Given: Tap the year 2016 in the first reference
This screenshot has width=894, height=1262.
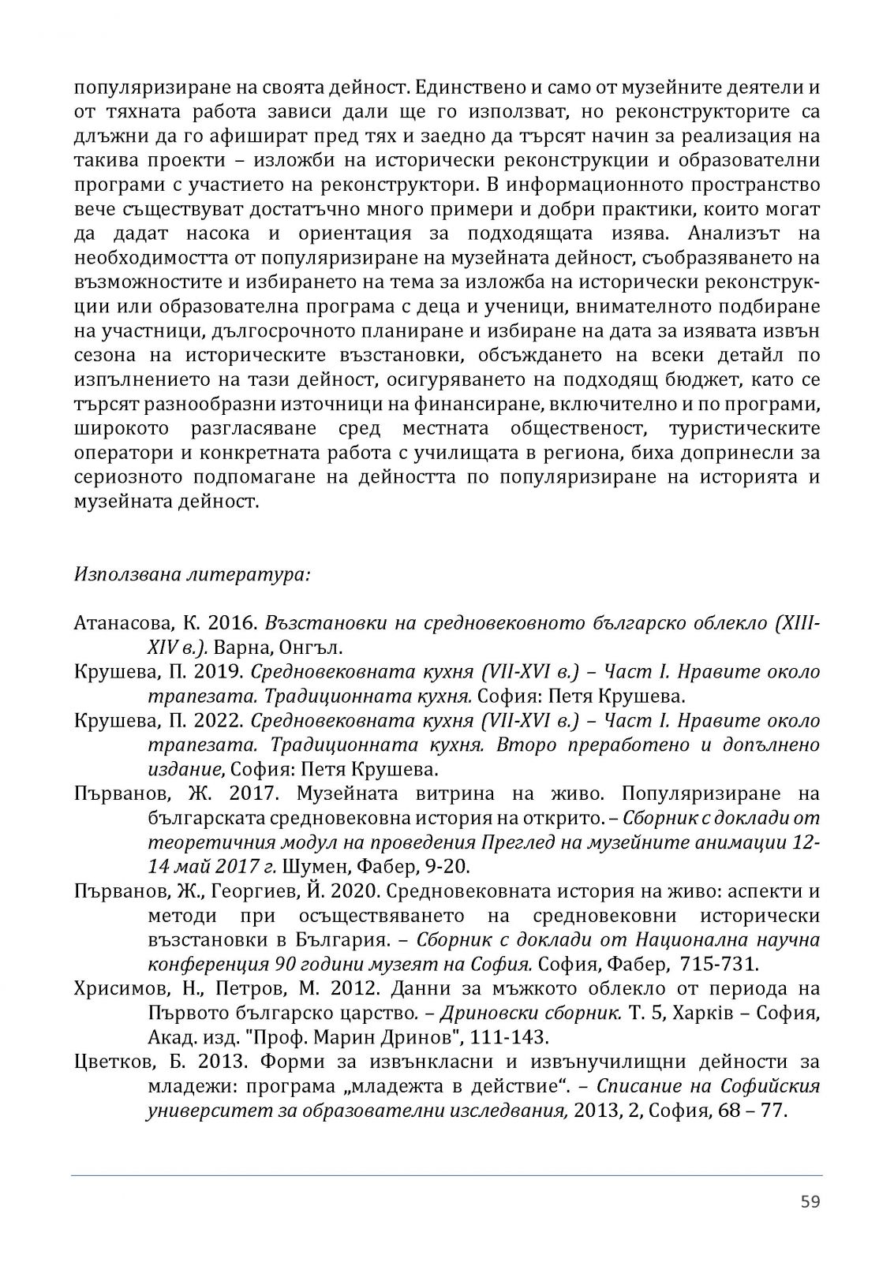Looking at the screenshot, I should pyautogui.click(x=234, y=623).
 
